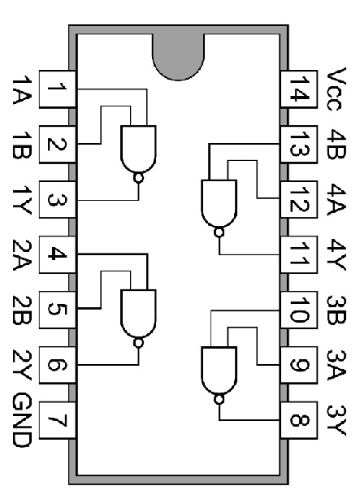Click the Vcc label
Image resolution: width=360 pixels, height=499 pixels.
[338, 88]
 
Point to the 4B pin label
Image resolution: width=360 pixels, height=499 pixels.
[338, 143]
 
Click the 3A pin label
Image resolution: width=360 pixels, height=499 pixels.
[338, 366]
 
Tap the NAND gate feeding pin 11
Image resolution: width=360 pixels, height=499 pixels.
[218, 203]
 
